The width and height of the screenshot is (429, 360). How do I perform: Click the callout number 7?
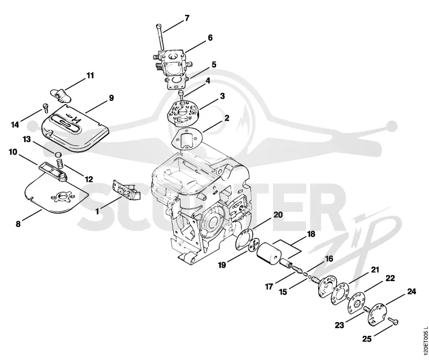point(187,18)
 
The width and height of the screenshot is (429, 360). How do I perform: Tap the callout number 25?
point(367,339)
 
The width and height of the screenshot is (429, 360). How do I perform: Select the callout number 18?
point(311,234)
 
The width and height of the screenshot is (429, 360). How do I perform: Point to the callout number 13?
point(26,139)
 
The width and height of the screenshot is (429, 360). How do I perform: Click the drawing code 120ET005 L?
point(425,340)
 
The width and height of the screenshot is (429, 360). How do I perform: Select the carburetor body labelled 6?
point(171,64)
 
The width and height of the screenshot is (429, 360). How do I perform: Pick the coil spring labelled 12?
point(60,164)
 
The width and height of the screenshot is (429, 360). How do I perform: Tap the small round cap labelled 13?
point(58,153)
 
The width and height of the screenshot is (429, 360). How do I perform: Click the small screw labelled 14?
point(46,108)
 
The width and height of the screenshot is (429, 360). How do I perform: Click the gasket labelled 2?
point(187,139)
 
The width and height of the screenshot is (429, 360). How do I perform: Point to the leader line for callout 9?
point(96,107)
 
